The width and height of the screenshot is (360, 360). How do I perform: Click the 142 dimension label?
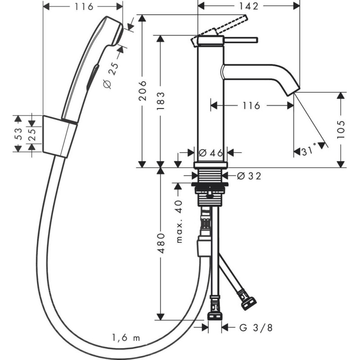(248, 6)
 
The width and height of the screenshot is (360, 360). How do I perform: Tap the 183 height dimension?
(161, 101)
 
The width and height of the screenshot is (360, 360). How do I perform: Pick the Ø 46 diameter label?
(211, 153)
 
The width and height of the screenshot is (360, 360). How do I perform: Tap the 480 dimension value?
(161, 243)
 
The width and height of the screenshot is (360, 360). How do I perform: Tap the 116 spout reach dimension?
(250, 105)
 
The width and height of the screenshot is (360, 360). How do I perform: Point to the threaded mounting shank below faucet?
(210, 177)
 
